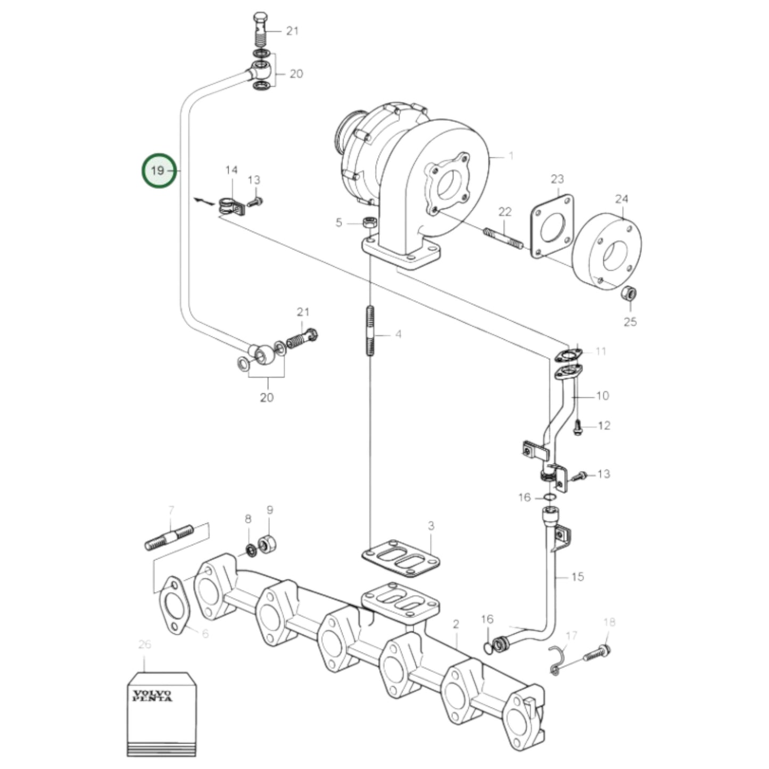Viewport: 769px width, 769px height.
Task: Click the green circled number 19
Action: point(158,171)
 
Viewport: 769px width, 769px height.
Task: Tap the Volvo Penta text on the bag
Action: point(152,696)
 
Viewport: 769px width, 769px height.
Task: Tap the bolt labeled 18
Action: point(597,652)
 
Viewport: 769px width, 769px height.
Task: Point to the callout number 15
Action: point(577,576)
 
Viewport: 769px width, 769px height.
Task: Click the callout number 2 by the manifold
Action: point(456,624)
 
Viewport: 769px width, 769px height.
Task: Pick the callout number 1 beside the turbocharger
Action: point(511,156)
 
